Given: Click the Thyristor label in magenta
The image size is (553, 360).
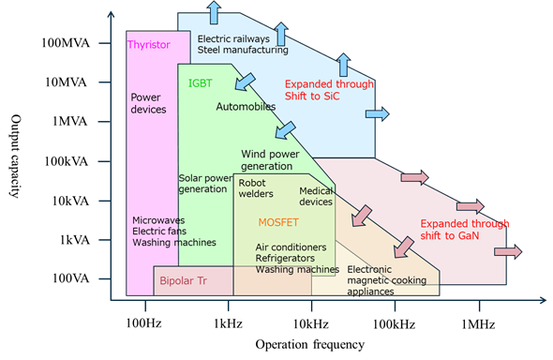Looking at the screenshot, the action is click(x=149, y=45).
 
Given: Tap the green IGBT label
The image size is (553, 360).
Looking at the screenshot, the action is click(x=201, y=83).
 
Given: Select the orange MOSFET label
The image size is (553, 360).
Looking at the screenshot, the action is click(x=278, y=222).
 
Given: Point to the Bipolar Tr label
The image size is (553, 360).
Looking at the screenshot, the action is click(x=184, y=280).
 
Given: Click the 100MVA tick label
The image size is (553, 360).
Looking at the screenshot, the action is click(x=66, y=43).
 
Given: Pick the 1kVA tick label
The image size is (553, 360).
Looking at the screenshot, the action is click(x=74, y=240).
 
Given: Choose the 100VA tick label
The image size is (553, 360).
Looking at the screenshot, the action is click(x=71, y=278).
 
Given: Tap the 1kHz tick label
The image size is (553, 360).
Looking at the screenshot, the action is click(x=228, y=323).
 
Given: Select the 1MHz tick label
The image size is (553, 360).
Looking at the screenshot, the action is click(x=479, y=324).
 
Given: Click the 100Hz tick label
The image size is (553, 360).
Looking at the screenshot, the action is click(x=144, y=323).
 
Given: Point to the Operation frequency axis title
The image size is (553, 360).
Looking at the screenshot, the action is click(x=310, y=344).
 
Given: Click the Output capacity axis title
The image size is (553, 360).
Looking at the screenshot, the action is click(x=15, y=156).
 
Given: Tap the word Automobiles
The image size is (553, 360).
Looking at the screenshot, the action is click(x=246, y=107).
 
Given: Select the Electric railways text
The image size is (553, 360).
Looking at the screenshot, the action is click(x=233, y=38).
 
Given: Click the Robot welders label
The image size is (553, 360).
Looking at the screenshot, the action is click(x=256, y=188).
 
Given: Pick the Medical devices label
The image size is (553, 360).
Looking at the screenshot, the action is click(x=316, y=196).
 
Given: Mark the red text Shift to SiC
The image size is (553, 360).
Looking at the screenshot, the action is click(x=312, y=97).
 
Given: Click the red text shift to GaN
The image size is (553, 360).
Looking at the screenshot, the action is click(x=450, y=235).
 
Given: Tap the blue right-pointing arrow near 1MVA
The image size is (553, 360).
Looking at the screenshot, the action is click(x=378, y=114).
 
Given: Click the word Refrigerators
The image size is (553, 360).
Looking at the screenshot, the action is click(x=285, y=259).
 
